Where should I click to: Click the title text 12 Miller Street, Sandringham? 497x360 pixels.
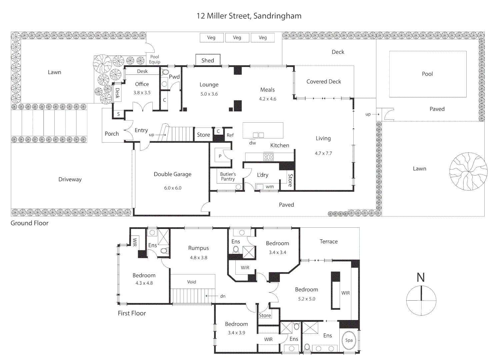[249, 16]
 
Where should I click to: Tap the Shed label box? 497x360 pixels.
[208, 60]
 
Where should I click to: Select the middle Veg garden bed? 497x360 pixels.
[237, 38]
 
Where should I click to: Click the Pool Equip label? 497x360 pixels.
[154, 59]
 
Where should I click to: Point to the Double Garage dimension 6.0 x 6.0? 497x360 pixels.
[173, 188]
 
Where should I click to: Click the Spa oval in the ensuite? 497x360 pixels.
[349, 340]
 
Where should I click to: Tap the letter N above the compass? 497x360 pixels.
[421, 278]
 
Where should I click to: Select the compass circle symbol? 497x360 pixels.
[421, 300]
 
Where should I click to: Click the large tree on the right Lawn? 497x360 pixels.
[468, 171]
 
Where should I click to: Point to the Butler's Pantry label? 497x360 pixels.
[228, 177]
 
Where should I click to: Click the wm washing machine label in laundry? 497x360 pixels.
[270, 187]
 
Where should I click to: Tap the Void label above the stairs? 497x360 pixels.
[192, 282]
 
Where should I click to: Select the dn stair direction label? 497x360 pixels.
[223, 296]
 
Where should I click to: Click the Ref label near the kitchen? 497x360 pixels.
[230, 135]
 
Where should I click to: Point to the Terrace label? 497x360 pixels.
[328, 242]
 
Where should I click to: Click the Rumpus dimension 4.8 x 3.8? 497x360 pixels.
[199, 258]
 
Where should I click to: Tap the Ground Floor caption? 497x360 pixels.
[29, 223]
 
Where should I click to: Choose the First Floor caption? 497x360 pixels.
[132, 313]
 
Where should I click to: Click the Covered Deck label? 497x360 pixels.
[324, 82]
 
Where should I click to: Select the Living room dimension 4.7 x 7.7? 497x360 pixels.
[323, 153]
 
